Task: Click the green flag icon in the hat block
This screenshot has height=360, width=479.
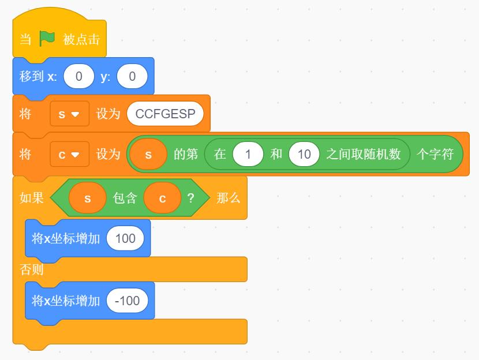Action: [x=47, y=39]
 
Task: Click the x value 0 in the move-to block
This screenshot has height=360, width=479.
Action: [x=79, y=76]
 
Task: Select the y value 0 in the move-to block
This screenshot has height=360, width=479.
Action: [x=132, y=76]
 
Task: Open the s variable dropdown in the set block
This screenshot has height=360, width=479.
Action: [x=70, y=114]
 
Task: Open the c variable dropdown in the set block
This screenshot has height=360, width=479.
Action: [x=70, y=154]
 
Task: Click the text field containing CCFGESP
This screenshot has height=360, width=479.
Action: [x=165, y=114]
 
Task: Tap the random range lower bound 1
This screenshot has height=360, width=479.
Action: [x=248, y=154]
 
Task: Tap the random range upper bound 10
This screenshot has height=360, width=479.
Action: [x=304, y=154]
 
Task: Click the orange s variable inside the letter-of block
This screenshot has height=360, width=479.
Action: [x=148, y=154]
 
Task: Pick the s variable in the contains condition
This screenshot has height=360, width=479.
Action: [x=88, y=198]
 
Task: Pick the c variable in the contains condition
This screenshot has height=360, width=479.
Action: [x=163, y=198]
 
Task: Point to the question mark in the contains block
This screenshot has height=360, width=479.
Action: [x=190, y=198]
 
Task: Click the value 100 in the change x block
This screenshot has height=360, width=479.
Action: [x=125, y=238]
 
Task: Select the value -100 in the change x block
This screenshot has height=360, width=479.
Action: [x=128, y=301]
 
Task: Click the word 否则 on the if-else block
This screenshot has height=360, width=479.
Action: [x=32, y=269]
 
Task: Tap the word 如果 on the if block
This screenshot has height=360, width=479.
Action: [x=32, y=198]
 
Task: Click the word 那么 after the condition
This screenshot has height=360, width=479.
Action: [x=228, y=198]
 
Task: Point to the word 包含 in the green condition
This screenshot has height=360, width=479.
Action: [x=125, y=198]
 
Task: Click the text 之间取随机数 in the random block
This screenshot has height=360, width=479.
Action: [x=363, y=154]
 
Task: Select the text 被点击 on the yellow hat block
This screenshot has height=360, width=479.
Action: [x=81, y=39]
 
